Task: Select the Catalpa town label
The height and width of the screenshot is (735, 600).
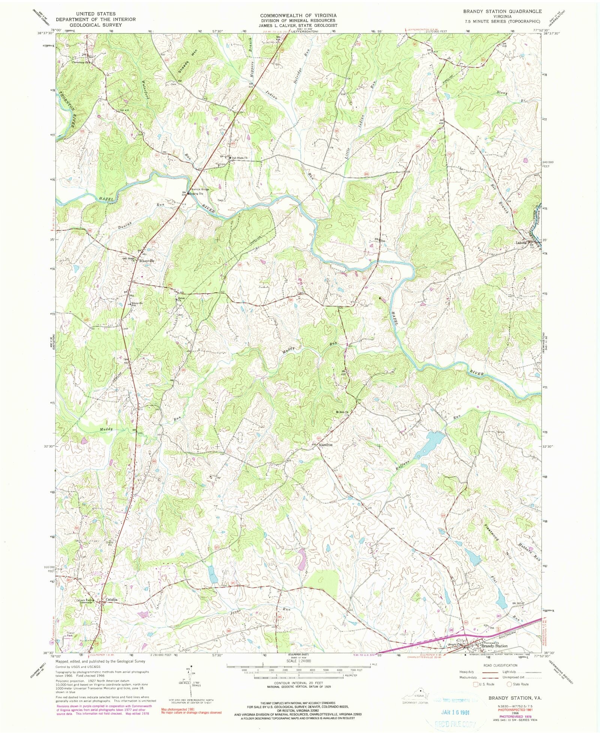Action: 111,600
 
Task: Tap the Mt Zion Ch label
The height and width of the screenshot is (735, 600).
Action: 342,412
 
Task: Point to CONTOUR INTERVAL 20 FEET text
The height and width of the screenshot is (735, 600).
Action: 298,684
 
